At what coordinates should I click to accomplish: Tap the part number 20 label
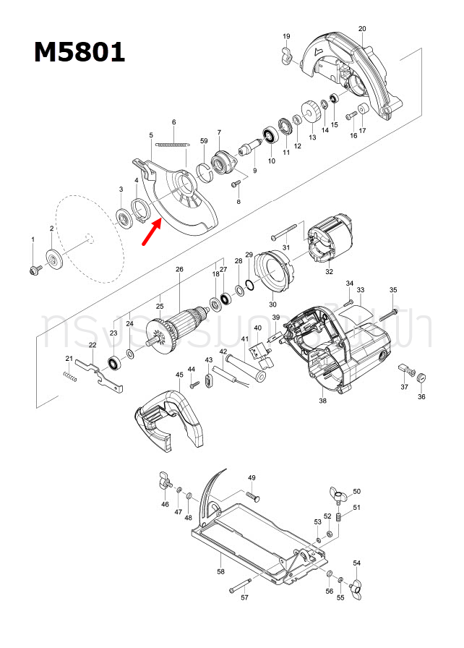pyautogui.click(x=361, y=29)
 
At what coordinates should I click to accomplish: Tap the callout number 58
pyautogui.click(x=220, y=572)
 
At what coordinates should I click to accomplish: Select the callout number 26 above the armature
pyautogui.click(x=179, y=270)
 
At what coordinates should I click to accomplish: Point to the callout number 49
pyautogui.click(x=252, y=478)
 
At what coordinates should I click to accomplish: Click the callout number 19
pyautogui.click(x=286, y=36)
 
